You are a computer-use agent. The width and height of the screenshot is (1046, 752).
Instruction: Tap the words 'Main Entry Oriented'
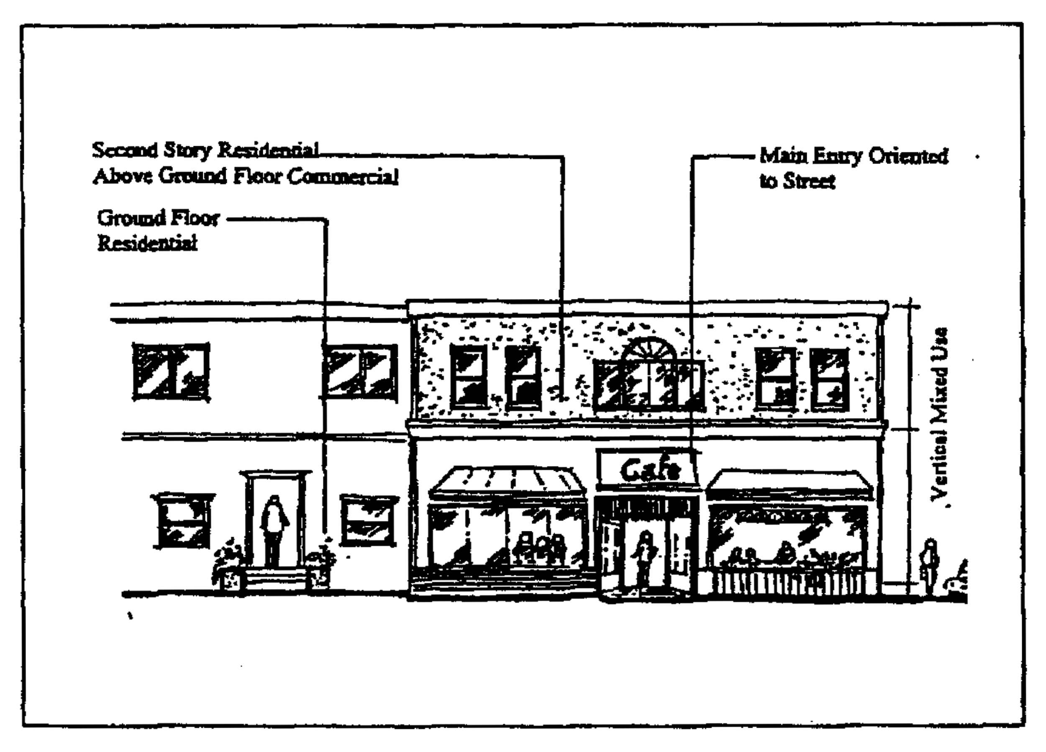[x=854, y=157]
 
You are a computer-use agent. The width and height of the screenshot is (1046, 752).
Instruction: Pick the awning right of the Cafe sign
[x=789, y=485]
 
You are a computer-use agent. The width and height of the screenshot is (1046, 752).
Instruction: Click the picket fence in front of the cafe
[x=789, y=584]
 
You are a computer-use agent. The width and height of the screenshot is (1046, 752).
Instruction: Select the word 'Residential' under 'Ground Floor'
[x=147, y=243]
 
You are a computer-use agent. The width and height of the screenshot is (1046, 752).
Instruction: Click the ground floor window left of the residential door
[x=183, y=522]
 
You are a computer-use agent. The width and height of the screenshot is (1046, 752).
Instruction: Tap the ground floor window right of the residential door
[x=369, y=520]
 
